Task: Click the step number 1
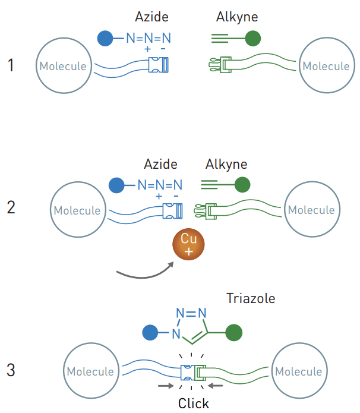tap(11, 65)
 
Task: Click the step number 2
tap(11, 208)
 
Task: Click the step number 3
tap(11, 370)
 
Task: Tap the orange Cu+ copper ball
tap(188, 244)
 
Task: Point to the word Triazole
tap(251, 298)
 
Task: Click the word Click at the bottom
tap(194, 403)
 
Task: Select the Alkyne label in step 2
tap(226, 164)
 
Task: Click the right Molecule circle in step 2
tap(311, 210)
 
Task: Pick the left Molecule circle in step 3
tap(90, 371)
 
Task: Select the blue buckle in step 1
tap(159, 64)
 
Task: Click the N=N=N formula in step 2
tap(160, 185)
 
